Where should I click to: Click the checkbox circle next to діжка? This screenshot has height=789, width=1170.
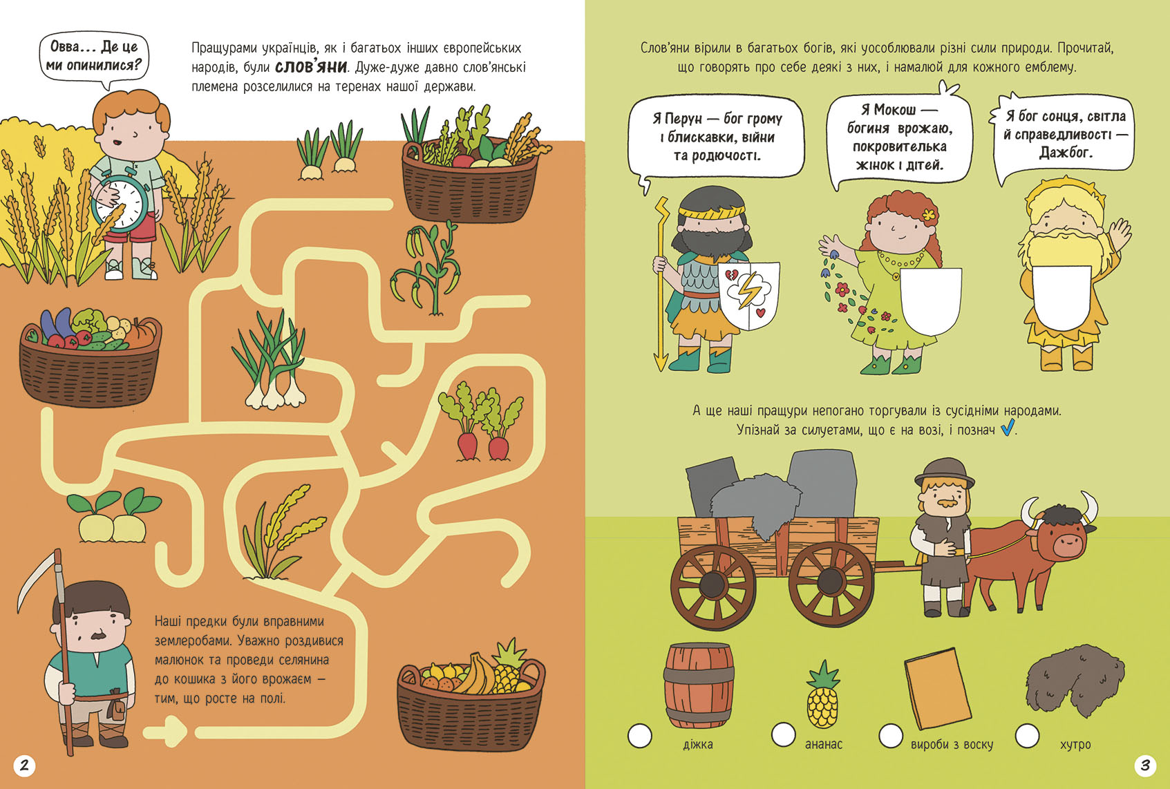[x=640, y=736]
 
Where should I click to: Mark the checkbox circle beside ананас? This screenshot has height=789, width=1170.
[x=784, y=734]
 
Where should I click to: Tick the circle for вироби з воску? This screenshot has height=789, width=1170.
[x=891, y=735]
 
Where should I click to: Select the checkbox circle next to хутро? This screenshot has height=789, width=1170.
[x=1028, y=735]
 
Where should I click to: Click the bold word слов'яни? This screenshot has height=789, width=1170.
[x=311, y=67]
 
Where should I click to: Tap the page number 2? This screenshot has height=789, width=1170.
[x=24, y=766]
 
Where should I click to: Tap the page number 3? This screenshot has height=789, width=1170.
[x=1145, y=766]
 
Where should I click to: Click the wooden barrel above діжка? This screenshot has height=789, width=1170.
[x=699, y=685]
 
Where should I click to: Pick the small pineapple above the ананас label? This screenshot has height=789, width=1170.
[x=823, y=694]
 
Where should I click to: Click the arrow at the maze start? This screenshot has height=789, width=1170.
[x=166, y=732]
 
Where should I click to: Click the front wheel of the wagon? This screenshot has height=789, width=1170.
[x=831, y=584]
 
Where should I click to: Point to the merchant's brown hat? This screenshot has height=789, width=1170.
[x=944, y=473]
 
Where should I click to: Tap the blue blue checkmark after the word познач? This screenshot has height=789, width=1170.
[x=1008, y=427]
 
